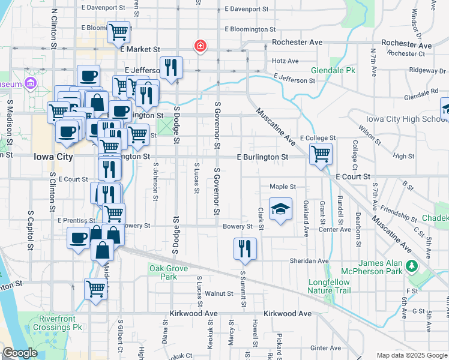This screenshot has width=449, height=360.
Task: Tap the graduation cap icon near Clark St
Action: (x=280, y=209)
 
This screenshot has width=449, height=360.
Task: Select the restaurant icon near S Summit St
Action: (x=244, y=248)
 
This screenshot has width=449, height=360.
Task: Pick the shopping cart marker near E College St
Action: (x=321, y=153)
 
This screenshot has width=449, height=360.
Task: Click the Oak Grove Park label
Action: (x=163, y=272)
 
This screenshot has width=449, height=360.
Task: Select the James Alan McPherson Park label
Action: (x=397, y=267)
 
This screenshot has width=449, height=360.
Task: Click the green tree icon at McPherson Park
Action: (x=412, y=265)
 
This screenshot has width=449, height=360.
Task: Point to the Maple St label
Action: (x=283, y=187)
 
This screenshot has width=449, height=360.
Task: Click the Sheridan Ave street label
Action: (x=310, y=261)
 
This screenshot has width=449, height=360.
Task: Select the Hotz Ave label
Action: (x=285, y=61)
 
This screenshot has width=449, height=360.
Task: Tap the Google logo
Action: (x=20, y=353)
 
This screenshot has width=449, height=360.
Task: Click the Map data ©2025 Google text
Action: (x=412, y=355)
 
